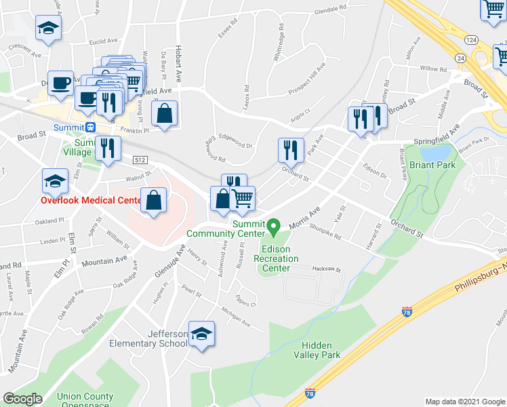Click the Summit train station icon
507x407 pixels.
point(91,127)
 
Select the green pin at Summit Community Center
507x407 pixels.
point(274,226)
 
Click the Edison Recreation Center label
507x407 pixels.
point(276,258)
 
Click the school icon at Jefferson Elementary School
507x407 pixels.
point(201,334)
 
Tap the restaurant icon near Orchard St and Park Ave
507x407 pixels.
point(290,149)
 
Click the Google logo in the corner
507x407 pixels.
point(23,399)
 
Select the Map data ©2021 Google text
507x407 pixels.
point(464,402)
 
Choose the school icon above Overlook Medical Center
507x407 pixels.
point(55,181)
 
